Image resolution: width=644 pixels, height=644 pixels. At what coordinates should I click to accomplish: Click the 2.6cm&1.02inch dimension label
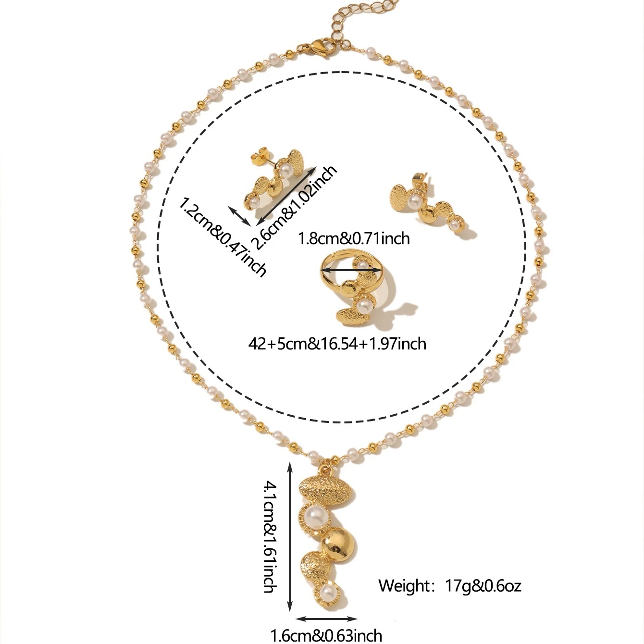pos(296,207)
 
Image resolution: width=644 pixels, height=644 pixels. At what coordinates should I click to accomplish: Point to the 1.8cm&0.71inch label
pos(354,238)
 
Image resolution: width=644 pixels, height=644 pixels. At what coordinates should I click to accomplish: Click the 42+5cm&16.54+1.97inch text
pos(337,343)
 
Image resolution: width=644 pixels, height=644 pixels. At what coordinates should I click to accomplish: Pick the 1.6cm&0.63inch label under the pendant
pos(327,635)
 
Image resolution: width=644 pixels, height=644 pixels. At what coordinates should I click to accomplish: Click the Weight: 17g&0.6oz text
pos(449,585)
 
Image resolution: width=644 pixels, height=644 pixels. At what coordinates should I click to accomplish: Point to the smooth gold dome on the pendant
pos(339,543)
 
